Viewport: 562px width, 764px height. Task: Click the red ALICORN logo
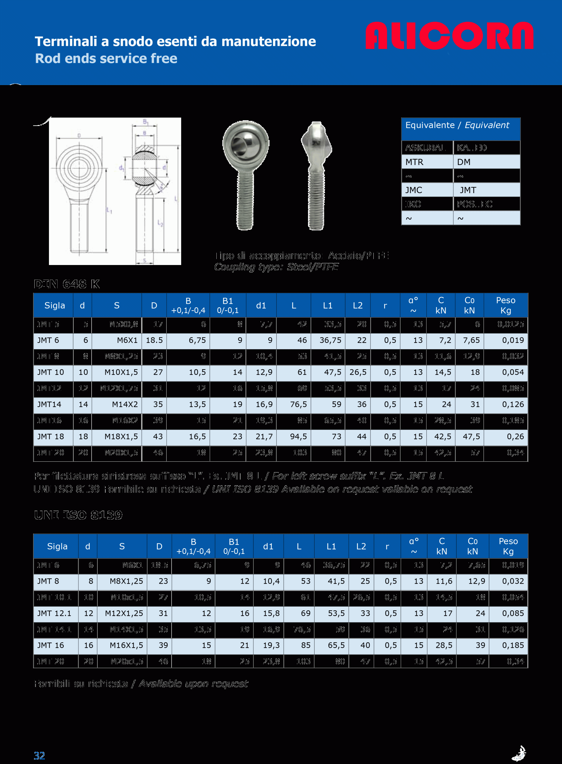point(449,36)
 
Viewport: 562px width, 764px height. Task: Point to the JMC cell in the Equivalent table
point(413,190)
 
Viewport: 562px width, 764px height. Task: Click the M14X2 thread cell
point(125,404)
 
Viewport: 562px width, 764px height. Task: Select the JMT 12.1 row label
point(54,613)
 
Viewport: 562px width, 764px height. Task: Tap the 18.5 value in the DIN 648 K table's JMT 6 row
point(154,340)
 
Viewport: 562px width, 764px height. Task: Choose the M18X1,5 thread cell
point(121,436)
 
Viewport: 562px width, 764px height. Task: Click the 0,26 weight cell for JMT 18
point(515,436)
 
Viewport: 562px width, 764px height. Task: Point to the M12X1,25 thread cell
point(124,613)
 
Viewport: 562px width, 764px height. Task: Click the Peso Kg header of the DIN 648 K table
point(506,305)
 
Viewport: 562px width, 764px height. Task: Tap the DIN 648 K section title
point(67,284)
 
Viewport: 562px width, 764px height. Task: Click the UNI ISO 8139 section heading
point(78,515)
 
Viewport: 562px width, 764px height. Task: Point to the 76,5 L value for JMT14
point(298,404)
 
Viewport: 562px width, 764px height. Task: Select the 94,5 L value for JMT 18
point(298,436)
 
